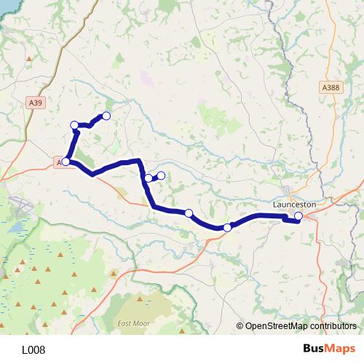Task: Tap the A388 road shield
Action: click(331, 87)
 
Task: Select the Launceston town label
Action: click(294, 205)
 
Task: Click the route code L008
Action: click(33, 349)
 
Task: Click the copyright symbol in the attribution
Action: click(240, 326)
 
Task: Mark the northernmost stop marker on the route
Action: click(106, 116)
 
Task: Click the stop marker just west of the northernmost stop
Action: click(74, 125)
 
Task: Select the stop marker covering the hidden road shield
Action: click(66, 162)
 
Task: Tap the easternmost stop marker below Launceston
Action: click(298, 216)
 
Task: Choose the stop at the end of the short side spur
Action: click(162, 175)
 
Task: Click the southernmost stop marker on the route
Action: click(227, 228)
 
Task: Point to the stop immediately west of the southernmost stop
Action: click(189, 213)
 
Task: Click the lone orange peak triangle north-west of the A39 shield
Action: click(28, 59)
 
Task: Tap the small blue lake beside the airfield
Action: click(13, 226)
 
